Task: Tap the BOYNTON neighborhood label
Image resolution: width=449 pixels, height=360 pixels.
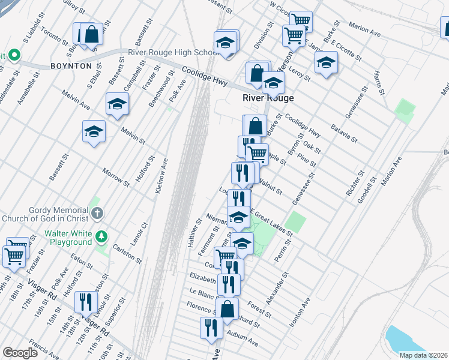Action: click(x=71, y=66)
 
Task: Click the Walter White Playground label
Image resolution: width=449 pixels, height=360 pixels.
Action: click(x=55, y=238)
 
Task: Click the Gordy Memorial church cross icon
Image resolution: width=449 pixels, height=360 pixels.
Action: click(x=97, y=213)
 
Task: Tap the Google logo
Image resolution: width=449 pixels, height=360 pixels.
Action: click(x=19, y=353)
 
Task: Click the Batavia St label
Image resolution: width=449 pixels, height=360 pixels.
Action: click(x=345, y=133)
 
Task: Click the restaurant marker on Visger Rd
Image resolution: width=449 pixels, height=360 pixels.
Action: click(x=86, y=302)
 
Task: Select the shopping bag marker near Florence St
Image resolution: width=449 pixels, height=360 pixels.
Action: click(x=228, y=309)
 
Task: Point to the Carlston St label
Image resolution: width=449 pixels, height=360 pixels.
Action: click(x=127, y=253)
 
